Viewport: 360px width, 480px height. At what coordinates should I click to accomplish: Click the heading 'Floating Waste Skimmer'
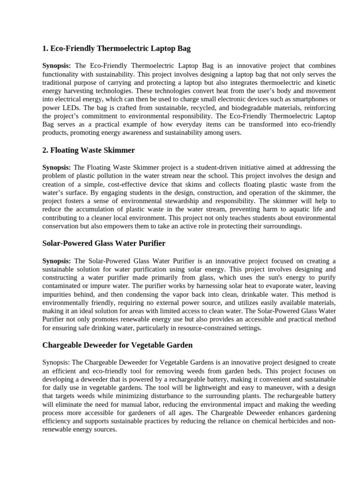pos(93,150)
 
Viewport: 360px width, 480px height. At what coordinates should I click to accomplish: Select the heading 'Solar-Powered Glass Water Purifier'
pos(104,243)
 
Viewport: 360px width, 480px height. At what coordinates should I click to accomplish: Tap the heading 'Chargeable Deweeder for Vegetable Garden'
pos(117,345)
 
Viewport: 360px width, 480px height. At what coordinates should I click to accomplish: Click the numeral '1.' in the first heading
pos(45,48)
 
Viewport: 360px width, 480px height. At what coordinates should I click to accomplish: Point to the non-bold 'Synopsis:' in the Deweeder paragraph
pos(56,362)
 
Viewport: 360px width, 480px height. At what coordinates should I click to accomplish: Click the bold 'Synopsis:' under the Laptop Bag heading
pos(57,66)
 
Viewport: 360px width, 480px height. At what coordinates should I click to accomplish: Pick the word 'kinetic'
pos(325,82)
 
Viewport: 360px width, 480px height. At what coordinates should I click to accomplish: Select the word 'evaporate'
pos(271,285)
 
